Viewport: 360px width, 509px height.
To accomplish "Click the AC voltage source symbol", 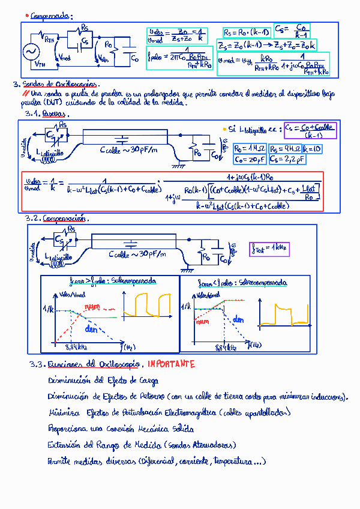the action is point(30,52).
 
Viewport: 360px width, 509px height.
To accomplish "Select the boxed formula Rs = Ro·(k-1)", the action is point(246,32).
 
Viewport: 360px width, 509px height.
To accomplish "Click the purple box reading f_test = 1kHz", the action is point(269,247).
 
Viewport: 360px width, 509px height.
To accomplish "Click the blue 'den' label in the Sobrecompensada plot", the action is point(239,320).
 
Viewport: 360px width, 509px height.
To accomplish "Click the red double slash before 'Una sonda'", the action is point(26,94).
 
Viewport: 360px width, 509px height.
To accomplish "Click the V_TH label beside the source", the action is point(40,64).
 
